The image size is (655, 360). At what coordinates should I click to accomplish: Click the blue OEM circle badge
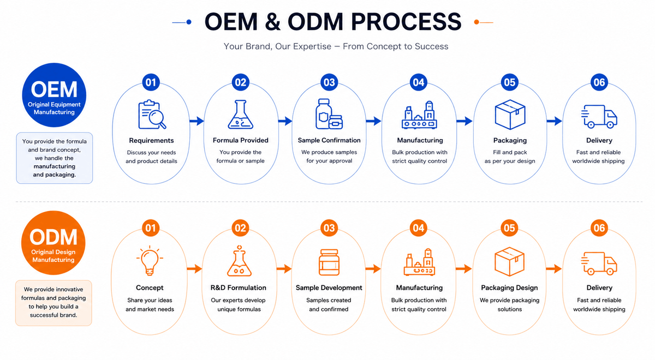54,95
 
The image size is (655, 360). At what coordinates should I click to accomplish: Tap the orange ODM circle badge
53,243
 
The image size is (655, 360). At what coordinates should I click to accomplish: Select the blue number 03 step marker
329,82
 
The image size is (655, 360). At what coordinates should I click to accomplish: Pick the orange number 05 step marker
509,228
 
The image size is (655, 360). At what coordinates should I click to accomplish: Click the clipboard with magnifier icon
152,115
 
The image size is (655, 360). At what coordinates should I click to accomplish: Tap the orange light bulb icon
150,260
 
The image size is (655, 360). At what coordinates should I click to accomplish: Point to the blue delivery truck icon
599,117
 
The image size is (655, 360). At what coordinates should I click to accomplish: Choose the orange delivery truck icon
599,263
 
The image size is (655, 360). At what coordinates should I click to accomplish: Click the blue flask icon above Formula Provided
241,115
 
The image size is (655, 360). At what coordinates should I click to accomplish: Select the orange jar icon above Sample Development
329,262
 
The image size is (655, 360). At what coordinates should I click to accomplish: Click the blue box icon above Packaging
510,115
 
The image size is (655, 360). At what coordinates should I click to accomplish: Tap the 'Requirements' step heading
152,141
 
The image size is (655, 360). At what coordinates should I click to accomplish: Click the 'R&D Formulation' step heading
239,288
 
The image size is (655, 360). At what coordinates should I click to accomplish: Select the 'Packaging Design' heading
509,288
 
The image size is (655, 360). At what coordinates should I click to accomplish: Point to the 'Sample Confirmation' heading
329,140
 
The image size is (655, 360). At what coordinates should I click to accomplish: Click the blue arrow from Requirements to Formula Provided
196,121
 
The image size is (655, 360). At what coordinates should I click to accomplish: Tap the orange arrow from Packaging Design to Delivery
554,268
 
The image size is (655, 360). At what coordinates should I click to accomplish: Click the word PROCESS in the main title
406,22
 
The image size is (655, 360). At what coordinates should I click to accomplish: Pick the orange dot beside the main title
477,22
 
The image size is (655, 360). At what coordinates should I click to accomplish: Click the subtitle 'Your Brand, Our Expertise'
277,46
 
